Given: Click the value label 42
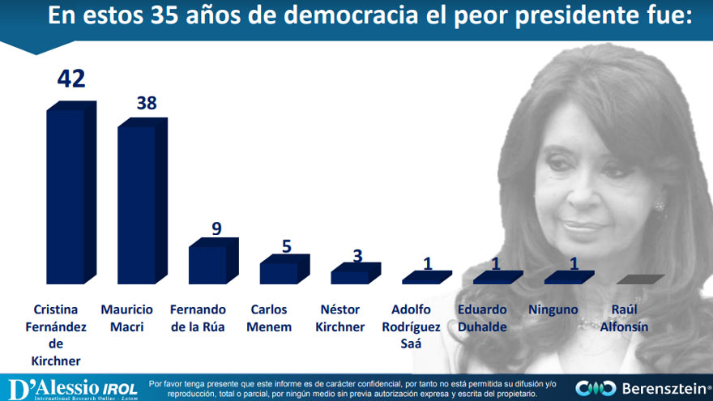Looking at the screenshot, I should [x=70, y=79].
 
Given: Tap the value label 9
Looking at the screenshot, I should [x=216, y=228].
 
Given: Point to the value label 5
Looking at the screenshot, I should [x=287, y=245].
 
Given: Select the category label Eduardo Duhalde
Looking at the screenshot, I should [x=482, y=318].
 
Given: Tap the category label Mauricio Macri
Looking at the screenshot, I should [x=128, y=318].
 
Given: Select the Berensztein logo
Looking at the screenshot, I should [x=643, y=388].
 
